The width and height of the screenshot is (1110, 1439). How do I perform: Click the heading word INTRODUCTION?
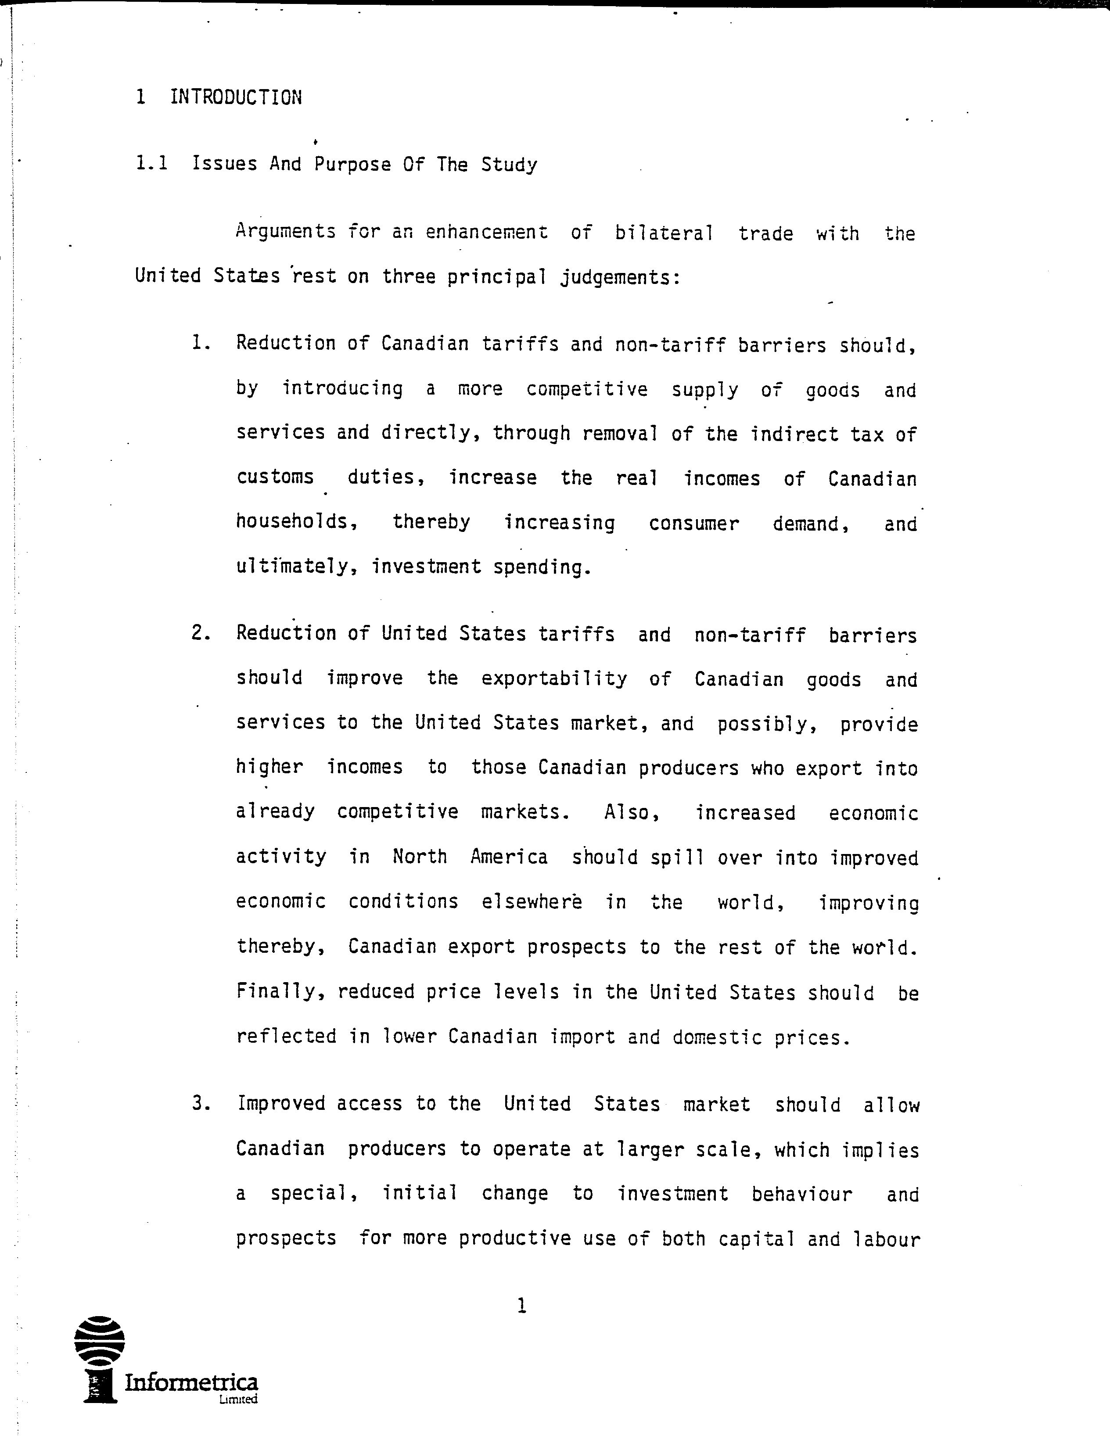(x=236, y=98)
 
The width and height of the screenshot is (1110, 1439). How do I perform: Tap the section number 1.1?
(x=151, y=164)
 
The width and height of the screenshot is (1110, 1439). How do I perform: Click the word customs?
(x=275, y=477)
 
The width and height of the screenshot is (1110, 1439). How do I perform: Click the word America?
(x=509, y=857)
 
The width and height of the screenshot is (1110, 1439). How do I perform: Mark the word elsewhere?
(x=531, y=901)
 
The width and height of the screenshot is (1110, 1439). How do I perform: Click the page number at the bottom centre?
(x=521, y=1305)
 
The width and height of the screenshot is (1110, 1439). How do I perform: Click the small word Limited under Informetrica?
(x=239, y=1400)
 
